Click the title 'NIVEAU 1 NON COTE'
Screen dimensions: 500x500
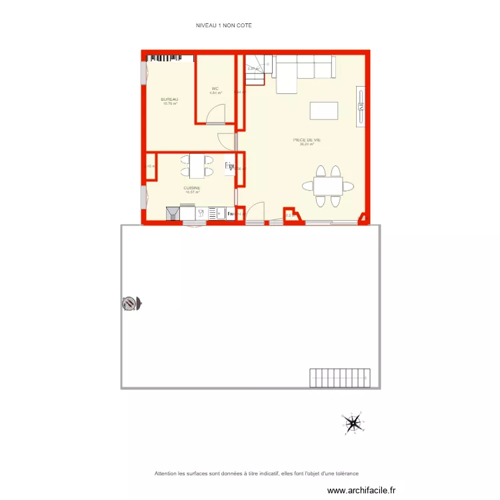click(224, 25)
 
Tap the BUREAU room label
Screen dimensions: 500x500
click(169, 100)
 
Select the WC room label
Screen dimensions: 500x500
click(215, 89)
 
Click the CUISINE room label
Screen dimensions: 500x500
click(192, 189)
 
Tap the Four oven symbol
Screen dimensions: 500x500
click(231, 213)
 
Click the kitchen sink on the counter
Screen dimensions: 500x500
click(217, 213)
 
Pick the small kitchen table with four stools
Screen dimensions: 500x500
click(197, 166)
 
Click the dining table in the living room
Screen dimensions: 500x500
click(329, 185)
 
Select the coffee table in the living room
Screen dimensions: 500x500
click(324, 110)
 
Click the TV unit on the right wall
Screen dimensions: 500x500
click(361, 105)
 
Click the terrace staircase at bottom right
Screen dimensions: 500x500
click(339, 378)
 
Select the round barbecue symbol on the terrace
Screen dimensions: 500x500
click(129, 303)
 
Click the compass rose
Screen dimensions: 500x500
click(354, 422)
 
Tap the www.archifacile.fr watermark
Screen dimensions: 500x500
click(362, 491)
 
